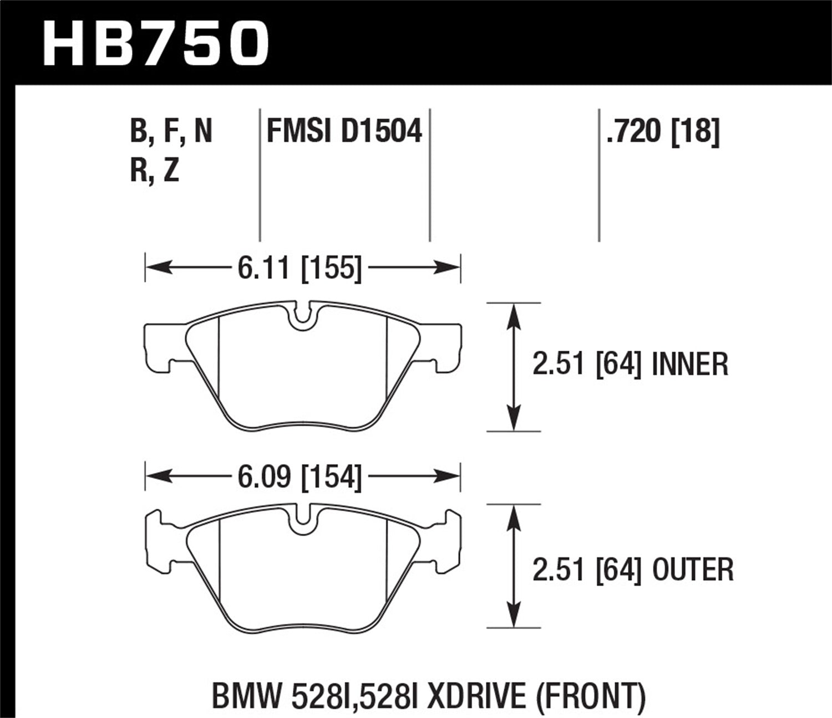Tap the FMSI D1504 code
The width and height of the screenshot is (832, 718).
344,132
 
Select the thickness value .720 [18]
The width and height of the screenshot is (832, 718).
663,132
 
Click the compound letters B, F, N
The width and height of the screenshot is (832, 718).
171,132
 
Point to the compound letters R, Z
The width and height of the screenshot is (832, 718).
155,170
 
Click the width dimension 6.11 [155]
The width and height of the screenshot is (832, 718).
300,269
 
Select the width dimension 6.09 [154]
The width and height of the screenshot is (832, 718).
300,476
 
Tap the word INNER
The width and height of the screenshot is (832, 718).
690,365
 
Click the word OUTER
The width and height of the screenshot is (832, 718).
693,570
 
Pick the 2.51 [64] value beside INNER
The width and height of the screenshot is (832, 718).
587,365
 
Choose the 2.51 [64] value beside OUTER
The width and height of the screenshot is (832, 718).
587,570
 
